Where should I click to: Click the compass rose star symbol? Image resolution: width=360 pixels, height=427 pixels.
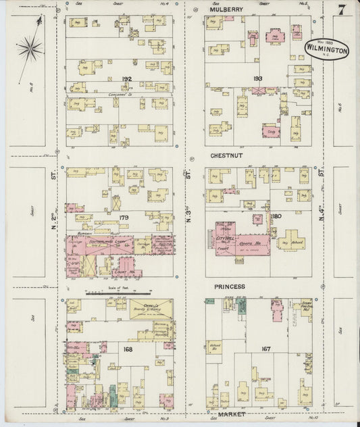[x=30, y=48]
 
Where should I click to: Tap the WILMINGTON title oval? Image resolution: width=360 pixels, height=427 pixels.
[x=328, y=49]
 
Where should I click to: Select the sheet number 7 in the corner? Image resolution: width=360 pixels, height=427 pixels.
[x=342, y=10]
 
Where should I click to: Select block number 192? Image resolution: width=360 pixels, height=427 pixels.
[x=126, y=79]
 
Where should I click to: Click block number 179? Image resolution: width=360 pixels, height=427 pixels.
[x=124, y=218]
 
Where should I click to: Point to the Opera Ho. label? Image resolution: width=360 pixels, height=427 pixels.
[x=253, y=241]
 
